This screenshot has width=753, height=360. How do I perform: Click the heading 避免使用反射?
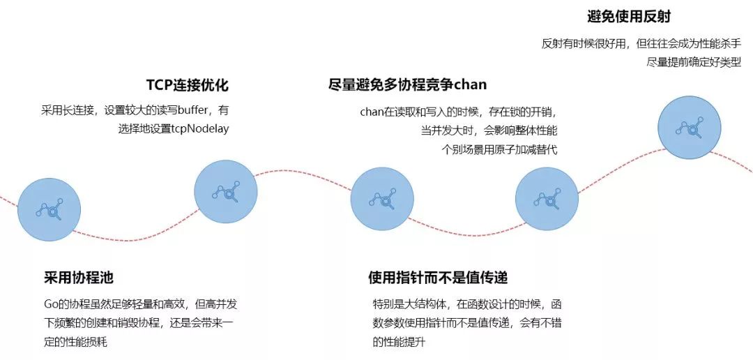pos(629,16)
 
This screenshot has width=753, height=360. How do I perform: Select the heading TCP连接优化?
pos(187,85)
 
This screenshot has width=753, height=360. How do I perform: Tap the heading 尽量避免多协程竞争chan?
pos(407,85)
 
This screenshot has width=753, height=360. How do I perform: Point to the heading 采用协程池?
pos(78,278)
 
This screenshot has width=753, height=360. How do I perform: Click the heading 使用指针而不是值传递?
pos(437,278)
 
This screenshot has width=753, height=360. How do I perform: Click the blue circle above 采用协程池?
pos(50,207)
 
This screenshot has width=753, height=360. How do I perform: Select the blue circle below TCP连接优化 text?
pos(226,192)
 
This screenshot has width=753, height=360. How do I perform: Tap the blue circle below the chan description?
pos(382,199)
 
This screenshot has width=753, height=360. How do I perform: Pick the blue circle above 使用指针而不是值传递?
pos(547,200)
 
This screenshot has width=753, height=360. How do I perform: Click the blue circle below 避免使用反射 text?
pos(690,126)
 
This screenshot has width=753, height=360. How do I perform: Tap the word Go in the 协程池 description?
pos(50,305)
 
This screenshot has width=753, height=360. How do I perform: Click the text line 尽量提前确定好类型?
pos(694,61)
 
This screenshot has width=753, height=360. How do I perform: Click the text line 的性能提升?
pos(399,342)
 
